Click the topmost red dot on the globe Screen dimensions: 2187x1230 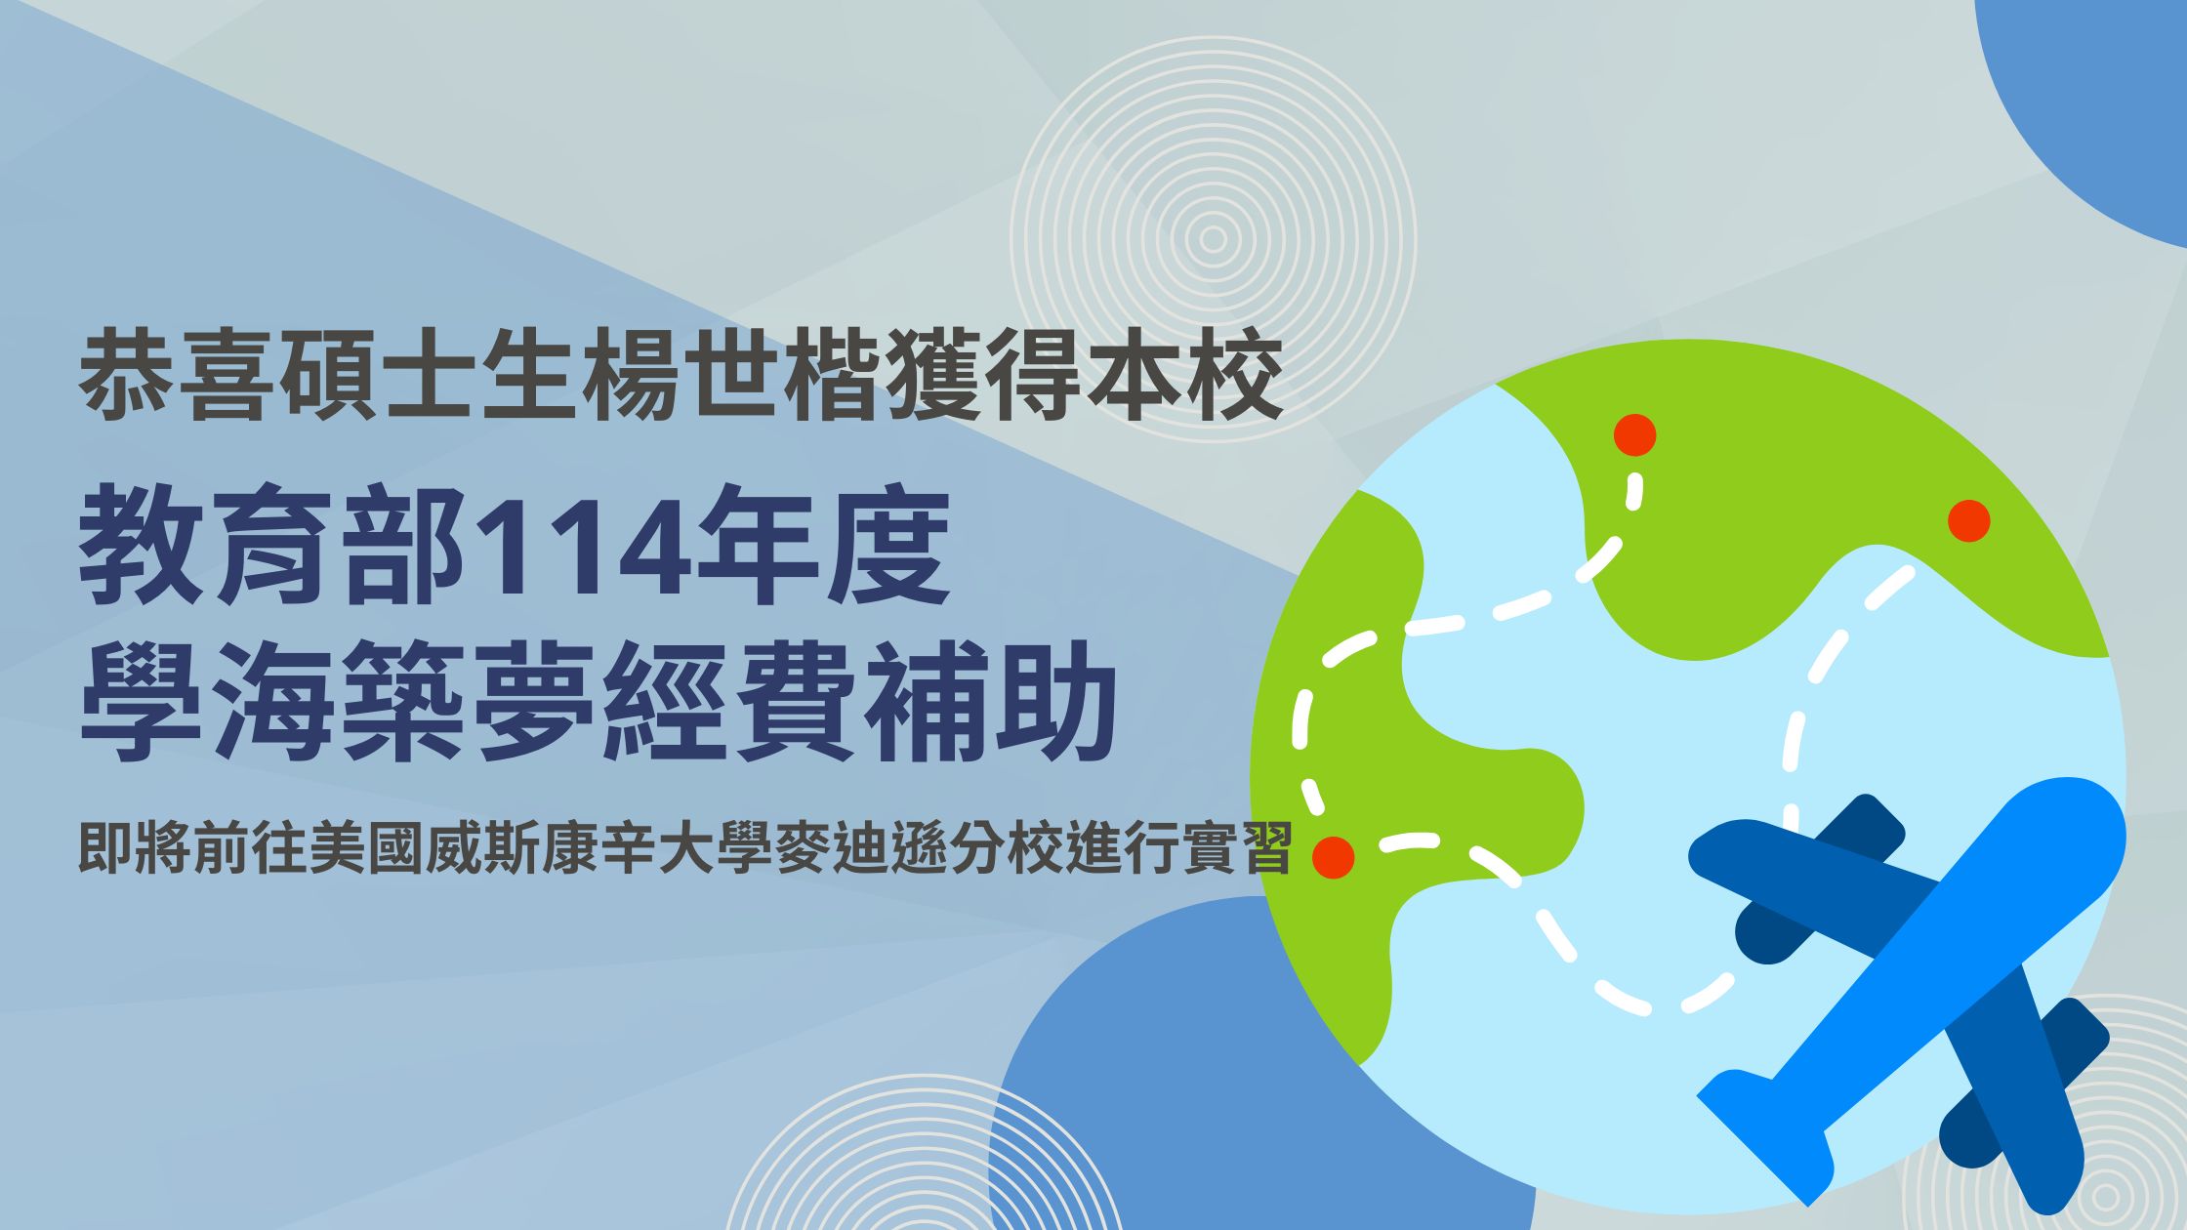click(1634, 434)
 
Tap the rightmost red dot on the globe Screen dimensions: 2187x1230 click(1968, 520)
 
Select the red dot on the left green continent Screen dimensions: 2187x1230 click(1333, 856)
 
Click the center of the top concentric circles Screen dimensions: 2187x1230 click(1213, 239)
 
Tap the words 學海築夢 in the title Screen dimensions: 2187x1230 click(338, 701)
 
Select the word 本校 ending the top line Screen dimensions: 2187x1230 click(1185, 377)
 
